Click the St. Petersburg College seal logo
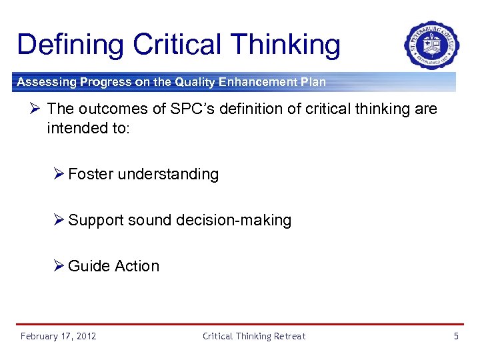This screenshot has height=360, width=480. (x=431, y=45)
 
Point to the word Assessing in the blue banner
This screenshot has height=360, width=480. (x=46, y=83)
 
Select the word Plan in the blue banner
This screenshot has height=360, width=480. (x=311, y=83)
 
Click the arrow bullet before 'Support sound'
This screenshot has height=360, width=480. (x=59, y=220)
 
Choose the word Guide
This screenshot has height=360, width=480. (x=89, y=266)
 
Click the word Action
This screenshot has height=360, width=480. (x=137, y=266)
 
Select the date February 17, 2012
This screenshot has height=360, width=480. (x=58, y=336)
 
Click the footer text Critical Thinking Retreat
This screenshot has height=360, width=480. (x=254, y=336)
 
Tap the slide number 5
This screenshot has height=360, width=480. (x=456, y=336)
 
